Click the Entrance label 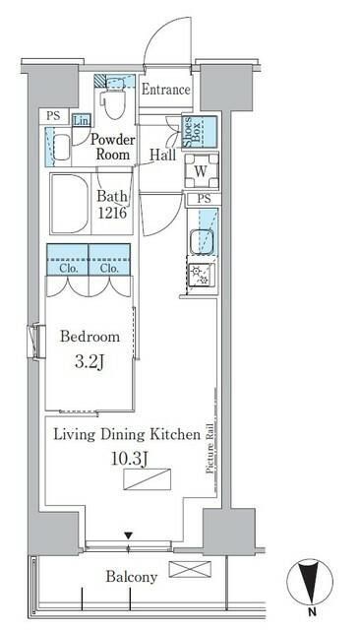tap(166, 90)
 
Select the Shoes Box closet tap(200, 132)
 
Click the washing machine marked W tap(202, 171)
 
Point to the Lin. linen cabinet tap(82, 120)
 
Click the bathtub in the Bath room tap(70, 204)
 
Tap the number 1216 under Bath tap(113, 213)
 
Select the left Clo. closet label tap(68, 269)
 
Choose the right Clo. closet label tap(109, 269)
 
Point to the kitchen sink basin tap(202, 241)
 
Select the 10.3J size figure tap(127, 459)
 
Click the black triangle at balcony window tap(128, 535)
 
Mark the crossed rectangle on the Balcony tap(190, 569)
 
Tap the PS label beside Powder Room tap(53, 116)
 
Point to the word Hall tap(163, 155)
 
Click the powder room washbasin tap(61, 147)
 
